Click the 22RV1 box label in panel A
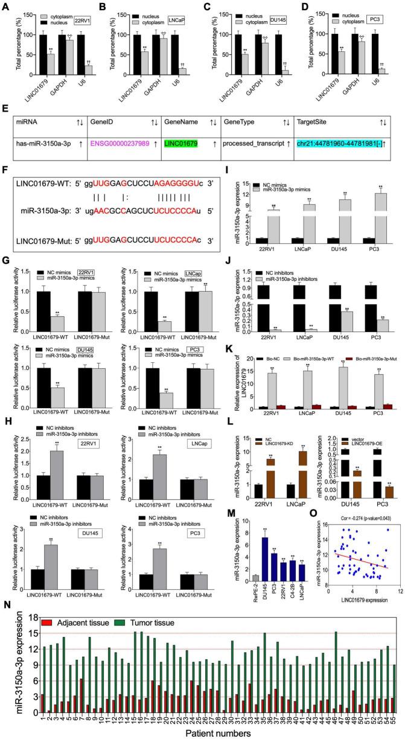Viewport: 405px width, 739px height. pos(82,12)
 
